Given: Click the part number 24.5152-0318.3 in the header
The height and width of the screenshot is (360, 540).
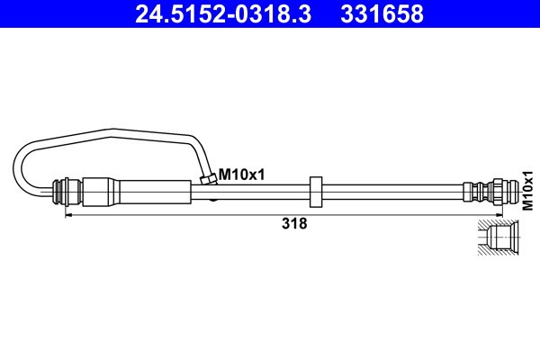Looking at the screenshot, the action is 223,13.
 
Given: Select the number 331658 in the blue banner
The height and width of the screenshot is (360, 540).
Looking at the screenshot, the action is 382,13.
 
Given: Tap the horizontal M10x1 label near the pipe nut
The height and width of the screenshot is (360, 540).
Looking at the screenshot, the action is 242,175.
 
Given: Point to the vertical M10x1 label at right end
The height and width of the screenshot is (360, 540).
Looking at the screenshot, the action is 527,190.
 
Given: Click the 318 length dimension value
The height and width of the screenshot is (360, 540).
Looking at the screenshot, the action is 294,223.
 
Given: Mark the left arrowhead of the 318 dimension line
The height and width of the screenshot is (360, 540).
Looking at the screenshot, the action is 68,215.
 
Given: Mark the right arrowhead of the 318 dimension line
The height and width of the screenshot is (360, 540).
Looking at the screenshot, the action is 499,215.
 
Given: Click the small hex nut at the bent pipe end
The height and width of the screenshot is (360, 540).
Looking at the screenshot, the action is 209,179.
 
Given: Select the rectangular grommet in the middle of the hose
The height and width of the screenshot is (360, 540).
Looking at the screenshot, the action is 316,192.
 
